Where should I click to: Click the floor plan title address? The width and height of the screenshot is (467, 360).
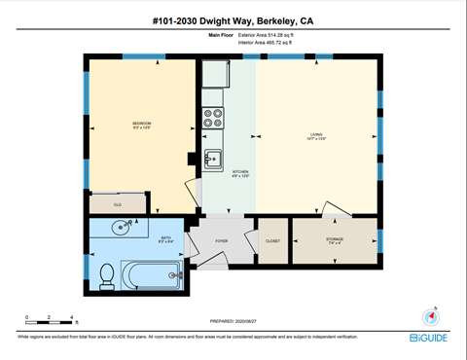233,20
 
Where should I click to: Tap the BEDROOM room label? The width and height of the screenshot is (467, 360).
141,126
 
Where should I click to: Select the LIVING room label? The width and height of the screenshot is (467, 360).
316,136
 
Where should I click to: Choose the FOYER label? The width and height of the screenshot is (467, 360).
221,239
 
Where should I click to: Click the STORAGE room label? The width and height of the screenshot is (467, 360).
334,239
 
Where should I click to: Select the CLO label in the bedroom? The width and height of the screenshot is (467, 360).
117,205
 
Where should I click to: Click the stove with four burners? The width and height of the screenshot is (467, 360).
212,118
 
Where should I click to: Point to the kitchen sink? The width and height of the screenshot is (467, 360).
212,159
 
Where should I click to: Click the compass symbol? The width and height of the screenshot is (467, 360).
432,316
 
